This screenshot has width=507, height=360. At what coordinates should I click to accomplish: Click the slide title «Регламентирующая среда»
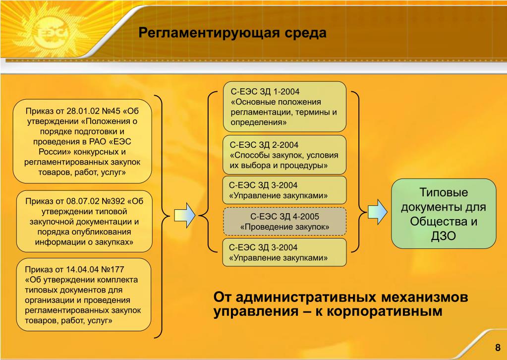pyautogui.click(x=232, y=33)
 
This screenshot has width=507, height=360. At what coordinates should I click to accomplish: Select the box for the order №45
pyautogui.click(x=82, y=141)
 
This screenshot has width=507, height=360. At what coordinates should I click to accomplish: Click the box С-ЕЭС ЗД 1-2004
pyautogui.click(x=284, y=107)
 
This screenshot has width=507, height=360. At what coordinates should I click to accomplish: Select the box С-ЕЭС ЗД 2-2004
pyautogui.click(x=284, y=155)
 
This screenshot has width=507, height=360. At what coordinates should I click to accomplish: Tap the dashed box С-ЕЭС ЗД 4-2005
pyautogui.click(x=284, y=221)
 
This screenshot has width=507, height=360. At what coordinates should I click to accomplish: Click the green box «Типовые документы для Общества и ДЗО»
pyautogui.click(x=444, y=214)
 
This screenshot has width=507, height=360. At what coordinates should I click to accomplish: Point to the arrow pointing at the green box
pyautogui.click(x=378, y=212)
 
